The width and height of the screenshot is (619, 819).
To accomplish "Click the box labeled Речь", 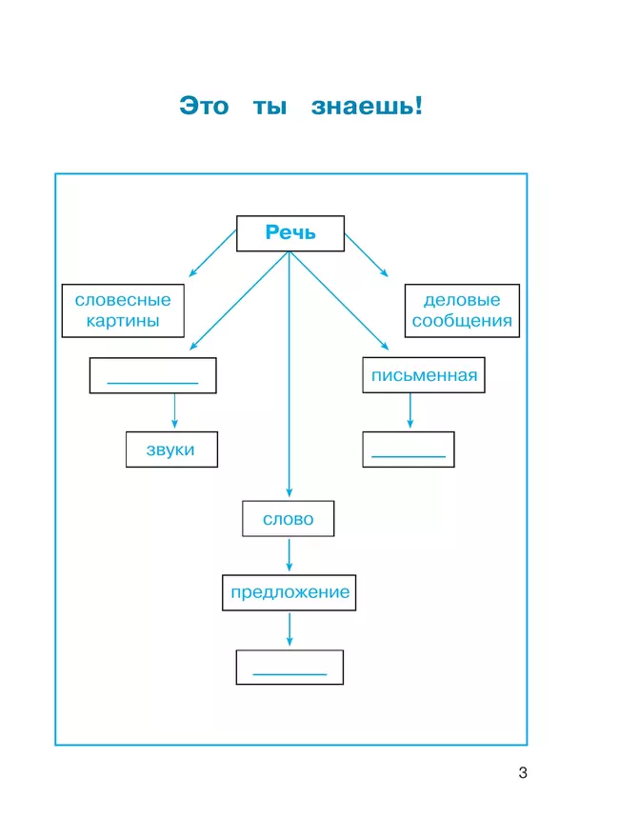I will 290,233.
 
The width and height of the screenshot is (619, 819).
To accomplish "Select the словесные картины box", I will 123,310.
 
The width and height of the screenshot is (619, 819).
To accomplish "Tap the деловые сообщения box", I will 462,310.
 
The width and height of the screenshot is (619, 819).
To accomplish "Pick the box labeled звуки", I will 171,449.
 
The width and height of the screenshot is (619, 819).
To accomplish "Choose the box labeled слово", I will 289,519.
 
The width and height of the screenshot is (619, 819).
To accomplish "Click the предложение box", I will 290,592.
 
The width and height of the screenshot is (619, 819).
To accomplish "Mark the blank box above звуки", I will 152,375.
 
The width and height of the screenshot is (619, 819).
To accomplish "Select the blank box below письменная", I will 409,449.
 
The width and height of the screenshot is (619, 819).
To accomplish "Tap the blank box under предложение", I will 290,667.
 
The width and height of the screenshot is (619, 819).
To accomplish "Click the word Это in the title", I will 204,106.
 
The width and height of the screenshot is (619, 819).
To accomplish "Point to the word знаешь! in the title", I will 367,106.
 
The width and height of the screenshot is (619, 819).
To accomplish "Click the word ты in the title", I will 270,107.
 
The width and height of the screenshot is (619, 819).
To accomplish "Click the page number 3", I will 523,772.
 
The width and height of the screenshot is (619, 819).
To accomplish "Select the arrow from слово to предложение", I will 289,556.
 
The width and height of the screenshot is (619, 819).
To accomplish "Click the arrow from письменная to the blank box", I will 409,412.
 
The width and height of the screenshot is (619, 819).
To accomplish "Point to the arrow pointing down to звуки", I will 173,412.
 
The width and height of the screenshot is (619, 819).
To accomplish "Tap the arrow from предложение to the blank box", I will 289,629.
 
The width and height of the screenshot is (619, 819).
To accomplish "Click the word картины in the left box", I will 123,321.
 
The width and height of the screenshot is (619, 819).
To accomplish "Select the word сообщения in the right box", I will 462,321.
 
